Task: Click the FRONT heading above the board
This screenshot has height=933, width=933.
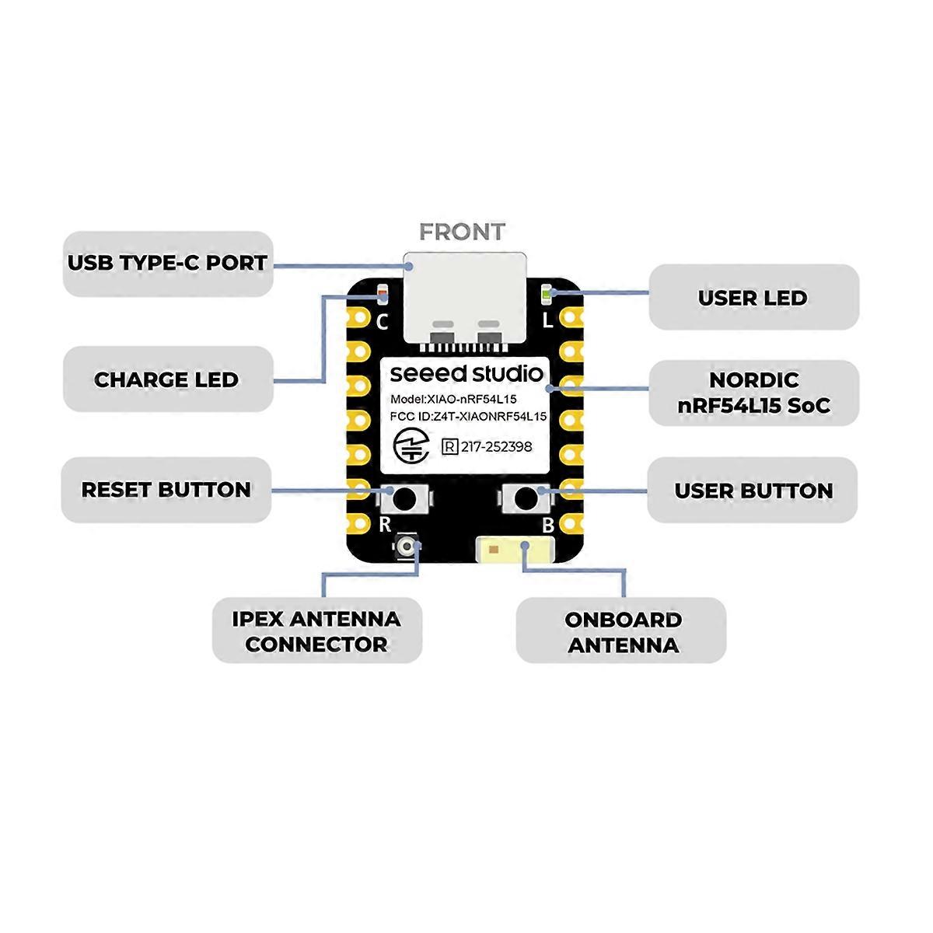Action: [x=462, y=232]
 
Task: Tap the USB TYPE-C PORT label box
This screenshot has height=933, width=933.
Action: [x=167, y=264]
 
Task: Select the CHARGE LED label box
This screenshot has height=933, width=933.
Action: [x=167, y=379]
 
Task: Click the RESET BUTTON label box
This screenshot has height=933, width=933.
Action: [x=166, y=490]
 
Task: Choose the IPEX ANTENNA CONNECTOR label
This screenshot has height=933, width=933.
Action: [x=316, y=631]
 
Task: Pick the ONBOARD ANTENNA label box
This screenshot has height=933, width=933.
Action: [x=622, y=631]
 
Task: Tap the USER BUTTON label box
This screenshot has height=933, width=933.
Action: [x=753, y=491]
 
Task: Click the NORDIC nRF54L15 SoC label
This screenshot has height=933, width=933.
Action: [x=753, y=393]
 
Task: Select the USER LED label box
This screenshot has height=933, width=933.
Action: [x=753, y=298]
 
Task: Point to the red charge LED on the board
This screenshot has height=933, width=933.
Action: [x=382, y=295]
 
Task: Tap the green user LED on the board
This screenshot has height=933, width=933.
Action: [x=547, y=295]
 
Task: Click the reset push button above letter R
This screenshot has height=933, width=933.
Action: [x=404, y=497]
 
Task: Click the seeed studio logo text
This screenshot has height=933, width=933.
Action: [x=466, y=373]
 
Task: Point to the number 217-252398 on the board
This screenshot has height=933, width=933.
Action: [x=496, y=447]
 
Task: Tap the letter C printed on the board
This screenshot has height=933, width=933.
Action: [x=382, y=321]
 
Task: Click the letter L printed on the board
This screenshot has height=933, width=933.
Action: [x=548, y=320]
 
